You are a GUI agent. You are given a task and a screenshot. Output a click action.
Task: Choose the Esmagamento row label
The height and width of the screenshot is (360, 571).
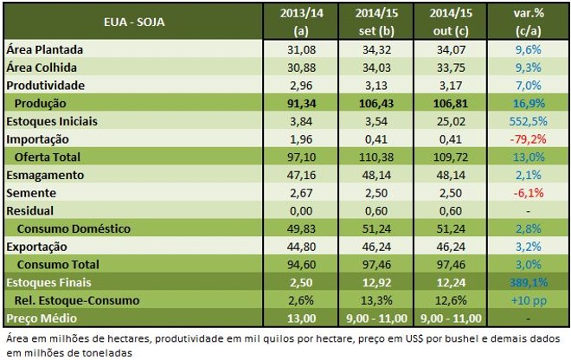(x=43, y=175)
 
